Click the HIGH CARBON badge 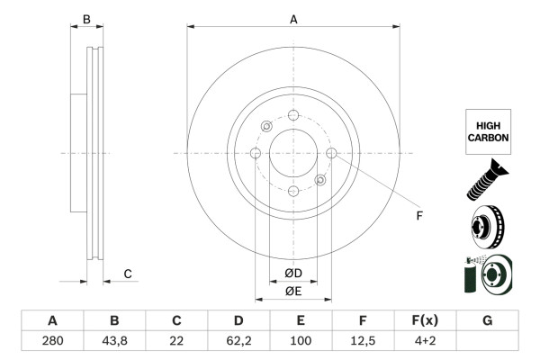(488, 132)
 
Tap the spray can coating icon (487, 274)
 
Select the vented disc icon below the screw (487, 226)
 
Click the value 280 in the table (52, 341)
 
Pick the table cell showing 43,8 (114, 341)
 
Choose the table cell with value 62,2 (238, 341)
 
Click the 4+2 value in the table (425, 341)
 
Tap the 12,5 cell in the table (363, 341)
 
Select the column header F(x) (425, 321)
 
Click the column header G (487, 321)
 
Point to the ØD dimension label (293, 273)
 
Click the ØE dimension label (293, 291)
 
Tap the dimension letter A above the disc (293, 18)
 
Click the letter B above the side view (86, 18)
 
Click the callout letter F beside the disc (418, 216)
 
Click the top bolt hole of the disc (293, 115)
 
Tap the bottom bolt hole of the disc (293, 191)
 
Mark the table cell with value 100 (301, 341)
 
